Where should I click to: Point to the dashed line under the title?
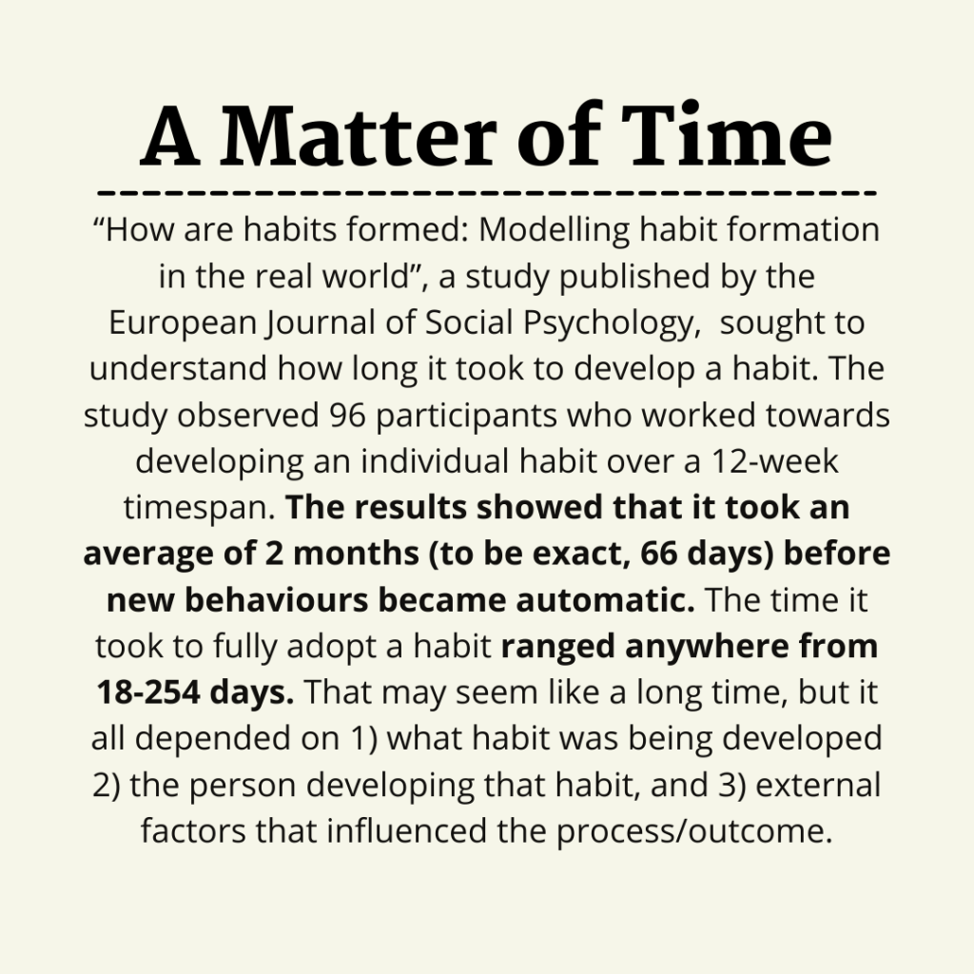coord(487,193)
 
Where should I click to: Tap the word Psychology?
coord(602,323)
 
